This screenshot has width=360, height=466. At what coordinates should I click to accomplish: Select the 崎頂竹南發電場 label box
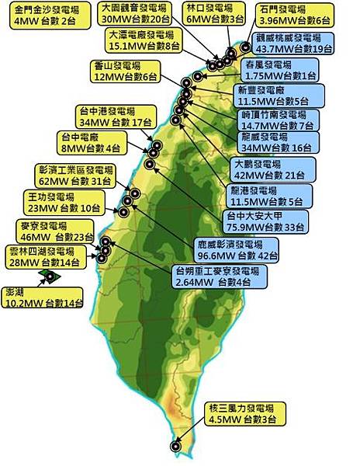(x=277, y=120)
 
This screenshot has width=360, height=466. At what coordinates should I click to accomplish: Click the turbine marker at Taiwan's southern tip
(x=175, y=447)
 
